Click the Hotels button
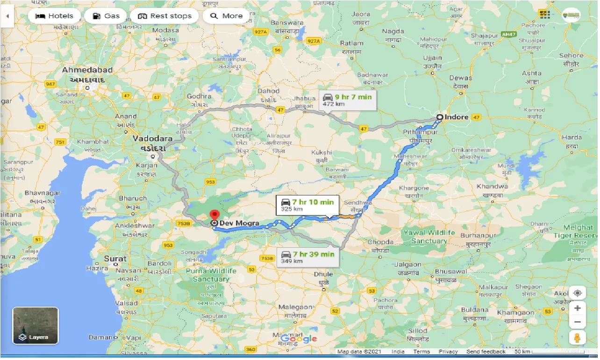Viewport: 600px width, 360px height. (54, 16)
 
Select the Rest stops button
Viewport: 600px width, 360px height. (164, 16)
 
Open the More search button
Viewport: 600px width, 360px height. (227, 16)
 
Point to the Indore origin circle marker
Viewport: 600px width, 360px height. (440, 117)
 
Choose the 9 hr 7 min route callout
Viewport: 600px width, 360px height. (348, 101)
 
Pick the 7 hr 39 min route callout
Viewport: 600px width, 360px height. (308, 257)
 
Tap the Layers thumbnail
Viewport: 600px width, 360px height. (36, 326)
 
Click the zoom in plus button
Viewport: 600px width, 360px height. (578, 309)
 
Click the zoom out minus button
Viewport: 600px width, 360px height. (578, 322)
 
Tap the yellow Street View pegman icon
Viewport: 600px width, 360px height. (578, 338)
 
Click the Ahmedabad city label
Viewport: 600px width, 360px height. (88, 70)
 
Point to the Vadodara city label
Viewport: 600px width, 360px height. (152, 139)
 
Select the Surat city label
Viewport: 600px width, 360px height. (115, 259)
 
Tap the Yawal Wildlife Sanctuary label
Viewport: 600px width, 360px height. (429, 237)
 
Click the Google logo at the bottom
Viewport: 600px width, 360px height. (299, 339)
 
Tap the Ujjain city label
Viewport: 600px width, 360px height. (432, 58)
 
